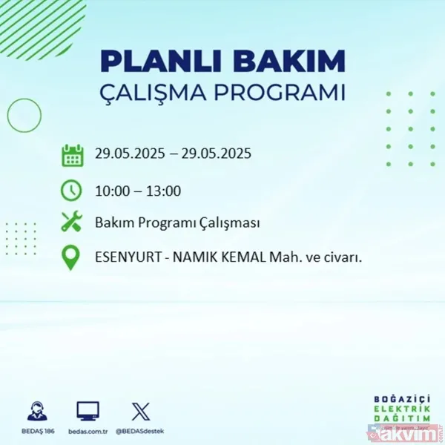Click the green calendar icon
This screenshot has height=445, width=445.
pyautogui.click(x=72, y=156)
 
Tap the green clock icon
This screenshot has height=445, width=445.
pyautogui.click(x=72, y=191)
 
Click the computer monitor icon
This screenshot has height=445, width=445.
pyautogui.click(x=88, y=410)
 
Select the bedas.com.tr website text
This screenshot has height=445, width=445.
pyautogui.click(x=88, y=429)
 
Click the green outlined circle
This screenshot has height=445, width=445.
pyautogui.click(x=24, y=115)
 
